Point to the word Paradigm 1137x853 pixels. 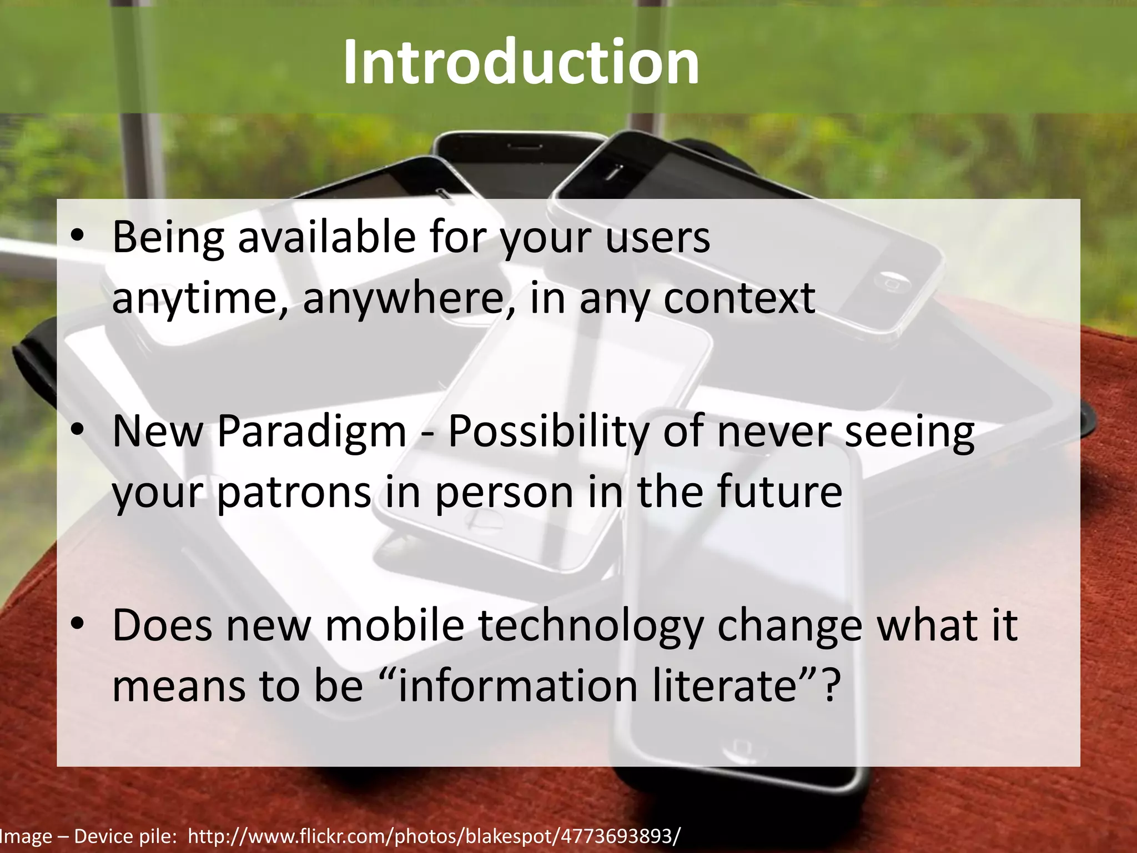coord(311,431)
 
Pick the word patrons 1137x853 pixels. coord(293,492)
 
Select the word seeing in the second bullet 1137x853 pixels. coord(909,431)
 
